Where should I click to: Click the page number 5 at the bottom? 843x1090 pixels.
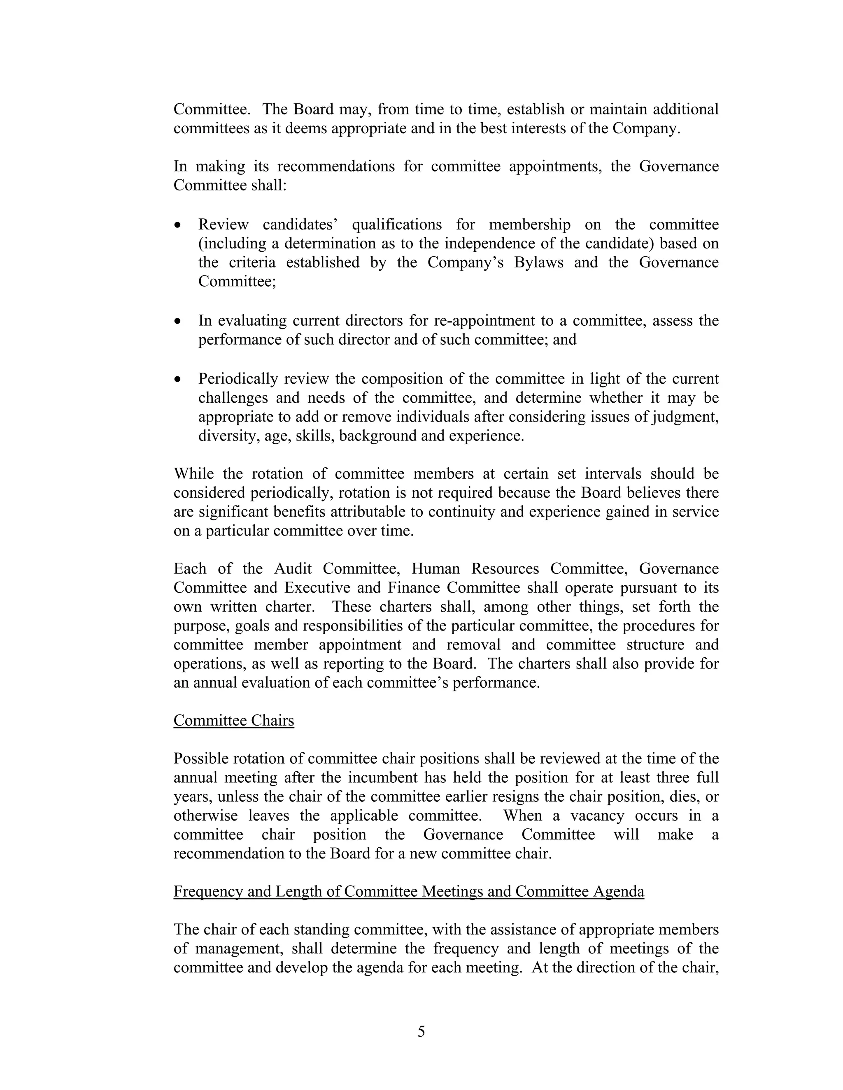[421, 1032]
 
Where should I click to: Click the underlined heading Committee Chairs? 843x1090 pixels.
[234, 721]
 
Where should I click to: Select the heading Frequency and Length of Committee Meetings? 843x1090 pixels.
[408, 891]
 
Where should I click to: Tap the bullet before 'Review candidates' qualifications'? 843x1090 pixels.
[178, 225]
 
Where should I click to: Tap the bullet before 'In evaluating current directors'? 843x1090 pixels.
[178, 321]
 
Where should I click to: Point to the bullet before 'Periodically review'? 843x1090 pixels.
[178, 380]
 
